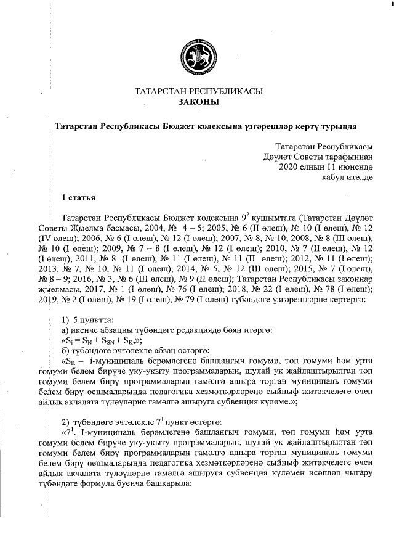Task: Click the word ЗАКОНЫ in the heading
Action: [198, 102]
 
